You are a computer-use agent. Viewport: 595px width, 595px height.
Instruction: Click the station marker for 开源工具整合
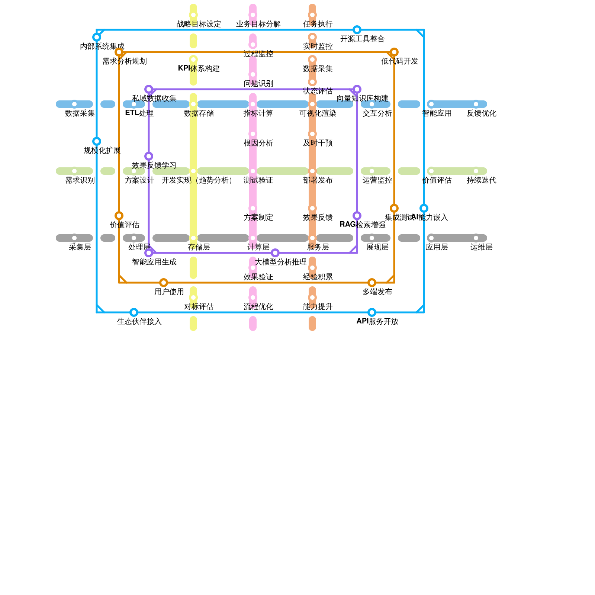click(357, 30)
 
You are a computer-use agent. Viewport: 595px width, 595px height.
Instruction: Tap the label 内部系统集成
click(102, 46)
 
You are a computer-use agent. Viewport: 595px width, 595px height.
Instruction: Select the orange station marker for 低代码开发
click(394, 52)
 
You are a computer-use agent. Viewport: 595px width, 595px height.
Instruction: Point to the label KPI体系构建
click(199, 69)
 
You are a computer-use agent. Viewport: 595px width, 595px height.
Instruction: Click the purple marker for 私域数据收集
click(149, 89)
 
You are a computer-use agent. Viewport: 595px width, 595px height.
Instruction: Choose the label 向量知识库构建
click(362, 99)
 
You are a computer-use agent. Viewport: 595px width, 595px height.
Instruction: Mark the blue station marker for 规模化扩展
click(97, 141)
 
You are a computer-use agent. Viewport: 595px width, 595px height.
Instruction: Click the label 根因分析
click(258, 143)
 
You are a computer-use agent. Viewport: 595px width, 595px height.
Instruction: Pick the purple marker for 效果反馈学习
click(149, 156)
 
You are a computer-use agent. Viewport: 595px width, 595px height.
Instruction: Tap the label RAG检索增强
click(362, 225)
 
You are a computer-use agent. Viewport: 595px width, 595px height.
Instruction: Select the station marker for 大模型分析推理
click(275, 253)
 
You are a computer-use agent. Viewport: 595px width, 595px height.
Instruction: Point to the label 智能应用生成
click(154, 262)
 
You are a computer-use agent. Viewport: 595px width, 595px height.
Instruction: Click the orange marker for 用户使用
click(164, 283)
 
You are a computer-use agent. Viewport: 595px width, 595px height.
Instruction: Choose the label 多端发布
click(377, 292)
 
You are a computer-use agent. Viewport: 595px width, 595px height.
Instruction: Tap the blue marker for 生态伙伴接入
click(134, 312)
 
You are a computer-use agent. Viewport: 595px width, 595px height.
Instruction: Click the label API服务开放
click(377, 322)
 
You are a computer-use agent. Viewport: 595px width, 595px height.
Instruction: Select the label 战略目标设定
click(199, 24)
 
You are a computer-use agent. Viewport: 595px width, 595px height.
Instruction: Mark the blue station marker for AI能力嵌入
click(424, 208)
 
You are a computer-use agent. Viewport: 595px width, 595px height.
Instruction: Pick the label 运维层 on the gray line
click(481, 247)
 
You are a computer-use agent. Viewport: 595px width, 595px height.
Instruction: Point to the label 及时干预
click(318, 143)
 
